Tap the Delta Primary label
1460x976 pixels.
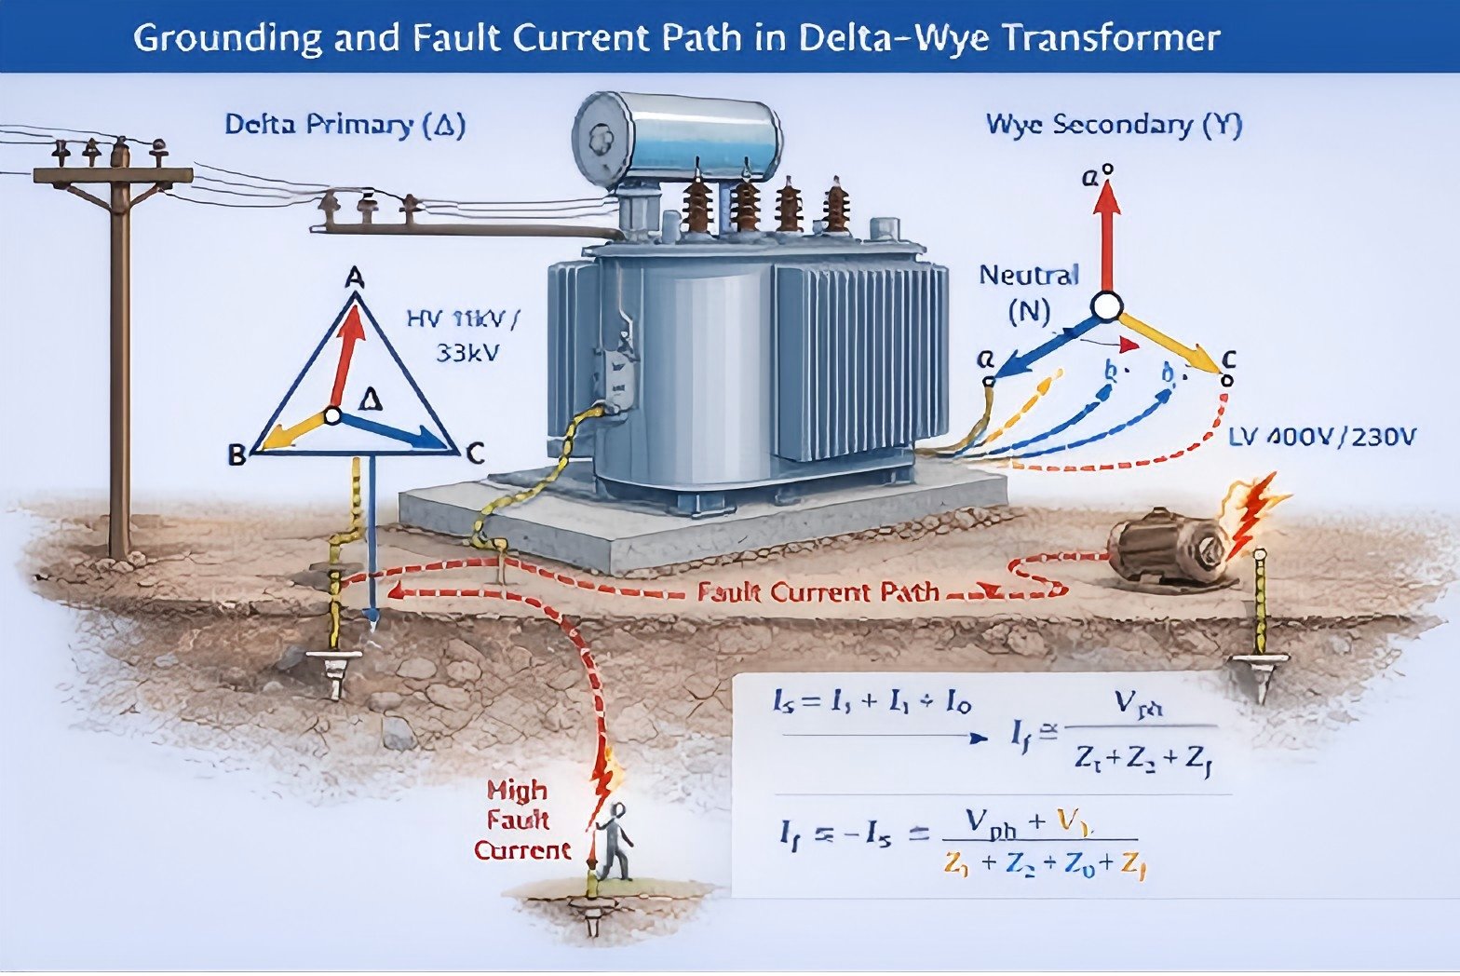point(345,125)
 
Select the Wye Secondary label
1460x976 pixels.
point(1114,125)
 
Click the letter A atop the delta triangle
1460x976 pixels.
point(355,278)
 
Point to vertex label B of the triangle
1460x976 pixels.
point(237,455)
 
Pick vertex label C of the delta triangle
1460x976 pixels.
point(475,454)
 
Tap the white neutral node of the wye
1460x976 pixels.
point(1106,305)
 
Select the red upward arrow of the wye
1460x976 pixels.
point(1106,233)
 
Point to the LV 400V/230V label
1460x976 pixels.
point(1322,436)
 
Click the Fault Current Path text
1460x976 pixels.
point(818,592)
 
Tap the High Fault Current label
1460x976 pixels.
point(521,820)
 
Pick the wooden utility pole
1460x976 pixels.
point(118,354)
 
